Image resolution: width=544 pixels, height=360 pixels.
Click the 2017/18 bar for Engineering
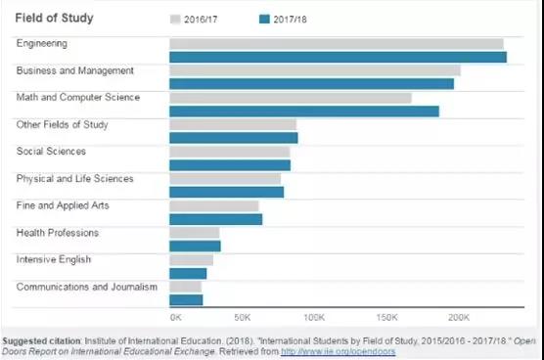[338, 57]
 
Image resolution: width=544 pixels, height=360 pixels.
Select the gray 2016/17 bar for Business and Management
[315, 70]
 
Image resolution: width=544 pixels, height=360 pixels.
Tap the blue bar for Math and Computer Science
[304, 112]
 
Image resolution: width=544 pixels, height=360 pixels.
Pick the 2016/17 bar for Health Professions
[195, 233]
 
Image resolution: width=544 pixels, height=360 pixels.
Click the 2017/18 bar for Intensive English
[188, 274]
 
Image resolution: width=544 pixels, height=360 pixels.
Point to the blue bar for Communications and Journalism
[186, 300]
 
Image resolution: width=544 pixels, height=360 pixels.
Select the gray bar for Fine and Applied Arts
[214, 206]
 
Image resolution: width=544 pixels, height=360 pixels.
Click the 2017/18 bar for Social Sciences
[230, 165]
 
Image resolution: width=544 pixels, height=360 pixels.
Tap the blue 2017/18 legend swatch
[264, 19]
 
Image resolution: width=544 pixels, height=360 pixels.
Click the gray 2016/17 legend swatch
[175, 19]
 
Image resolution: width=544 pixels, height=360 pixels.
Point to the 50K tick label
[243, 317]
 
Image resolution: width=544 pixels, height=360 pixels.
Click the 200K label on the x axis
[459, 317]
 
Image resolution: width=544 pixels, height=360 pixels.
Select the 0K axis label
[176, 317]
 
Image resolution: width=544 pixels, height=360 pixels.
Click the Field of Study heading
[54, 18]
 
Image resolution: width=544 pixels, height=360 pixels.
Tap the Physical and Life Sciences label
[75, 179]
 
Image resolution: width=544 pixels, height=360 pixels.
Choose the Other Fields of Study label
[62, 124]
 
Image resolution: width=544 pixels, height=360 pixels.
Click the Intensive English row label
[54, 259]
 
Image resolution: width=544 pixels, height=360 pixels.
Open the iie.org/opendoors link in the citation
[339, 351]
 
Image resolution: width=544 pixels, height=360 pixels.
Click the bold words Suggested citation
[41, 341]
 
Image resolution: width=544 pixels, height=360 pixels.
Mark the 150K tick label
[386, 317]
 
